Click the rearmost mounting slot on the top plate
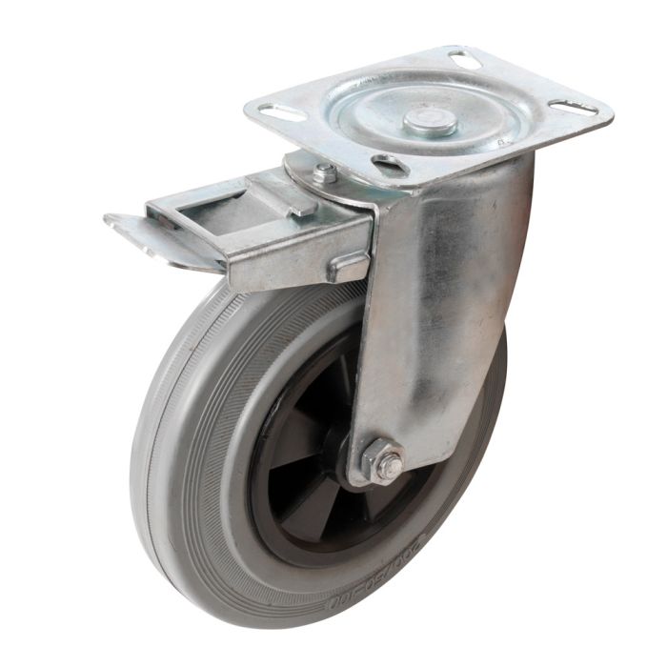point(464,60)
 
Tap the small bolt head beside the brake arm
point(324,173)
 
